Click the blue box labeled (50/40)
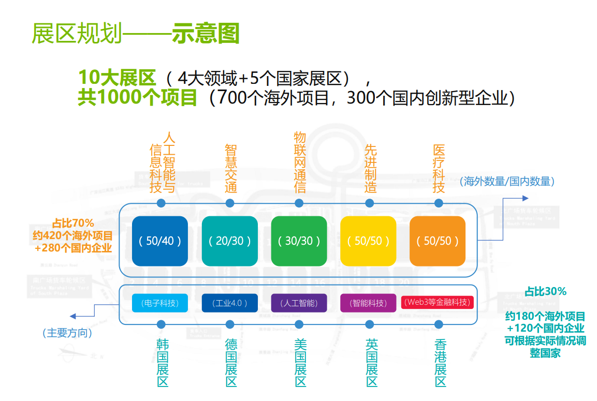pos(159,241)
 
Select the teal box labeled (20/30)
pos(229,241)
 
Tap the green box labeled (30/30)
pos(299,241)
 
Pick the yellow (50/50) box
pos(368,241)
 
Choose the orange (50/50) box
pos(438,241)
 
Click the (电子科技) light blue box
pos(159,303)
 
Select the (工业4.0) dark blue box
pos(229,303)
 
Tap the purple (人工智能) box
pos(299,303)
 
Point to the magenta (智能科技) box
pos(368,303)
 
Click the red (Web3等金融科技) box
pos(438,302)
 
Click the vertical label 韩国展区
pos(162,363)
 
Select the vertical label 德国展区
pos(231,363)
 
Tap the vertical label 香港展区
pos(440,363)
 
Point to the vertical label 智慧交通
pos(231,169)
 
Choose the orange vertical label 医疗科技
pos(439,169)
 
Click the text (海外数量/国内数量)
pos(507,181)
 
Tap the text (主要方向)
pos(67,333)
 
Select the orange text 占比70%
pos(73,224)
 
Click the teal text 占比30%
pos(545,291)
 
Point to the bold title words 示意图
pos(206,34)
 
